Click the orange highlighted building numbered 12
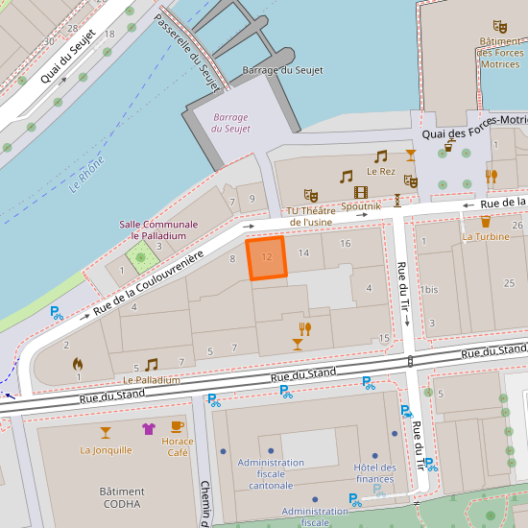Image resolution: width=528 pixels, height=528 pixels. [x=267, y=258]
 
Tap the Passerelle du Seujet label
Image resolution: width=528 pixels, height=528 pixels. [x=188, y=54]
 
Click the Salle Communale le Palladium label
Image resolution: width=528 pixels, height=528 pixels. [x=158, y=229]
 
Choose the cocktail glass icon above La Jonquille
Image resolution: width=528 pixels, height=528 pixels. [x=106, y=431]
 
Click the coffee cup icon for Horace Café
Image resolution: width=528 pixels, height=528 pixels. [x=177, y=426]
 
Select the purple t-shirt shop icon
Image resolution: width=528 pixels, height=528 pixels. [x=148, y=429]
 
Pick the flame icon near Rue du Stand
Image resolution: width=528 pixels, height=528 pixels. [x=78, y=364]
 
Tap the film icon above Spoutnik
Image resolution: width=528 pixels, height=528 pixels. [x=361, y=192]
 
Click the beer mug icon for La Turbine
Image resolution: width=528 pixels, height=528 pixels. [x=486, y=221]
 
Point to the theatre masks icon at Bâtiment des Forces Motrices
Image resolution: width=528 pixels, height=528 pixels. [x=499, y=26]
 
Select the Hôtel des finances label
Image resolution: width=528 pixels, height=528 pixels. [x=374, y=473]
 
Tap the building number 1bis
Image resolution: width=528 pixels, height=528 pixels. [x=429, y=289]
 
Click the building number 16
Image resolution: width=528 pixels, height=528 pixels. [x=345, y=244]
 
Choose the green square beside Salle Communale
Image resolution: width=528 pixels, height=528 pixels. [x=141, y=257]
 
